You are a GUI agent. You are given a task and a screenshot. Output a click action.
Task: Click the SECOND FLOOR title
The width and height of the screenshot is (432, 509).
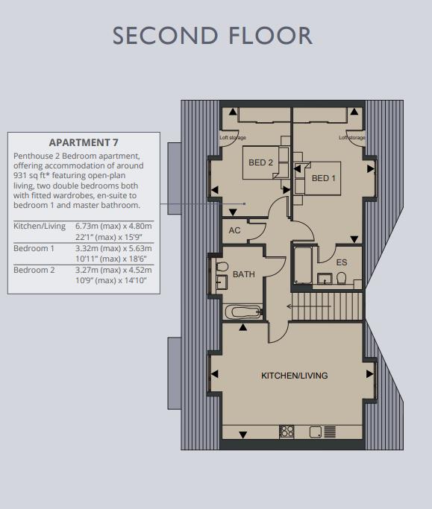click(212, 36)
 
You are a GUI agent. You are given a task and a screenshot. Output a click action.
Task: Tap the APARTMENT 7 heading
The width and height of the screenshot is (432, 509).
click(84, 142)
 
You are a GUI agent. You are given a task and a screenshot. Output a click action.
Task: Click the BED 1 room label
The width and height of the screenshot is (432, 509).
click(323, 178)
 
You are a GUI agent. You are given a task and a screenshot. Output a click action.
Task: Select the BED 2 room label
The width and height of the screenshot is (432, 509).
click(260, 162)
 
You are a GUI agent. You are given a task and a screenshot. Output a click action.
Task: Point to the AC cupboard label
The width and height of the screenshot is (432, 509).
click(234, 230)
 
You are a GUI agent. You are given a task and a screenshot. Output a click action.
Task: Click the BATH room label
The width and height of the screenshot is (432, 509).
click(244, 274)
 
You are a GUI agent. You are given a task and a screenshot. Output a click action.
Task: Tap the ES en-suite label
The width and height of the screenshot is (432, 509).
click(342, 262)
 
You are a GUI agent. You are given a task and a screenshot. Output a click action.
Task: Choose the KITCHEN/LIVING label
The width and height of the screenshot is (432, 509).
click(295, 376)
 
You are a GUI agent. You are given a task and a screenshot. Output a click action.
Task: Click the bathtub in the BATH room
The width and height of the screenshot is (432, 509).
click(243, 312)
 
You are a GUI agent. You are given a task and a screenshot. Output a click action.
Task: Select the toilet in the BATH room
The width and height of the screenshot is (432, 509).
click(222, 267)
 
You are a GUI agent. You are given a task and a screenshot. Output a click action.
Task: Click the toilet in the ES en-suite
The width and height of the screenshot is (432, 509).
click(341, 278)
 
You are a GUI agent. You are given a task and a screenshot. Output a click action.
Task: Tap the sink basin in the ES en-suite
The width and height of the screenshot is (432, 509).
click(325, 279)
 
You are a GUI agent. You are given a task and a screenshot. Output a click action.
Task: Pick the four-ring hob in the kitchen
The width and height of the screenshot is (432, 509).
click(287, 431)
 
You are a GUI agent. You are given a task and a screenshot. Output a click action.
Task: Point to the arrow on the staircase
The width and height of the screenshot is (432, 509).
click(309, 306)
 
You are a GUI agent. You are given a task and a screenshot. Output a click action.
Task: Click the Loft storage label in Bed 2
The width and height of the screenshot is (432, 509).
click(233, 138)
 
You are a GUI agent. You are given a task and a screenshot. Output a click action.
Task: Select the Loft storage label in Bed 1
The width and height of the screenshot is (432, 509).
click(352, 138)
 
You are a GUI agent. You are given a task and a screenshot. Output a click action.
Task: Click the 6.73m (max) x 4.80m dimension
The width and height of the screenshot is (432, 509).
click(113, 226)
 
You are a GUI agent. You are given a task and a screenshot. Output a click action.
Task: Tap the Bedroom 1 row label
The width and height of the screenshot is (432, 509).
click(34, 248)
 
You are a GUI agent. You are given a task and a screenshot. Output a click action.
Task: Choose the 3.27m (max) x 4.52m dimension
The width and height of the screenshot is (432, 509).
click(113, 270)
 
